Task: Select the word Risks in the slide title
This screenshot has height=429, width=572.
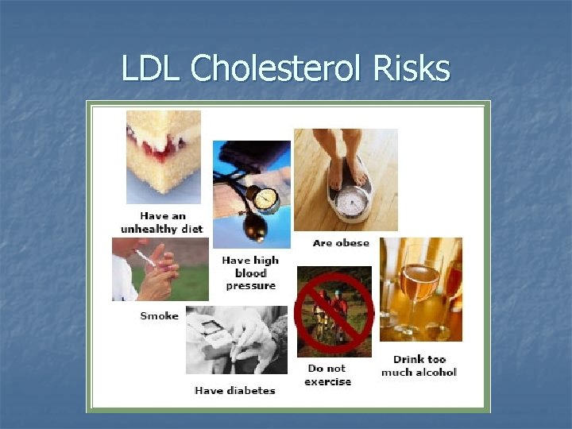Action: [412, 69]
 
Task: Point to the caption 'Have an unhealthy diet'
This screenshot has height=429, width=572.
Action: [161, 222]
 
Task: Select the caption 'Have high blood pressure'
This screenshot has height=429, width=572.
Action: [249, 272]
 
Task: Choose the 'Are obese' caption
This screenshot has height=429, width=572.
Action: [341, 243]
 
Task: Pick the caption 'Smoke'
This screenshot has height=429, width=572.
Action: [159, 315]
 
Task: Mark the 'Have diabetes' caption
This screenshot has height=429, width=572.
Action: [234, 390]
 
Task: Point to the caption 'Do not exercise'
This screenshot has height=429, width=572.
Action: [327, 375]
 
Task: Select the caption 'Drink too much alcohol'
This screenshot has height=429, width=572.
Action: [419, 365]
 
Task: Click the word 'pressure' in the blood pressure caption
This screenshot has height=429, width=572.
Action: [250, 285]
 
